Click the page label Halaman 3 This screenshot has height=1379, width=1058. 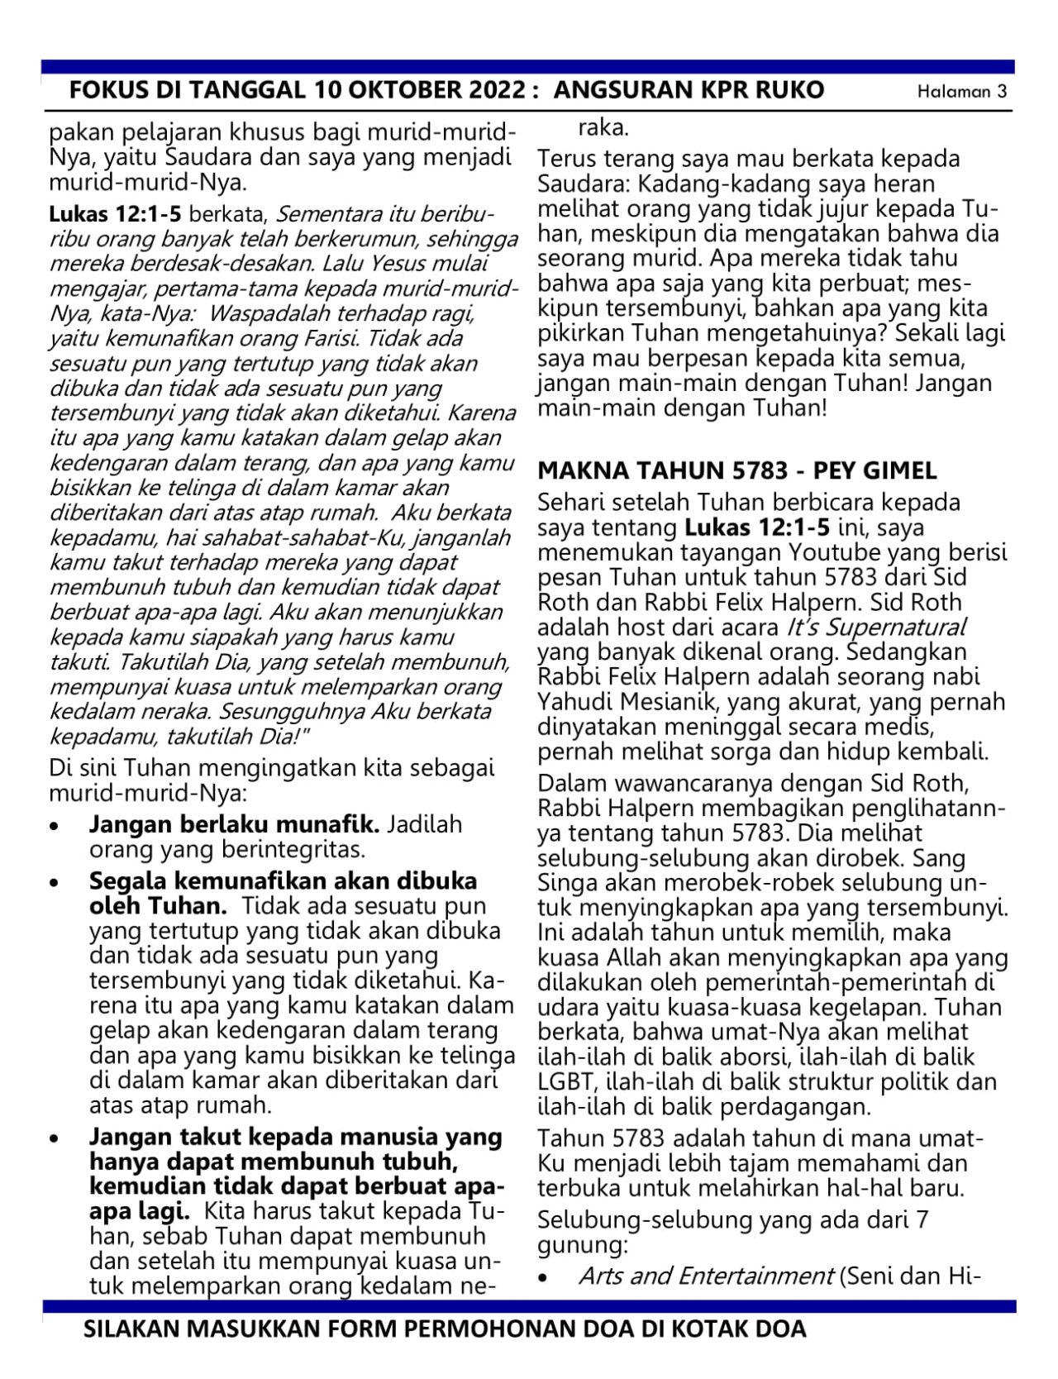pos(963,92)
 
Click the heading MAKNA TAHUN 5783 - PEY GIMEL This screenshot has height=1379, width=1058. pos(736,470)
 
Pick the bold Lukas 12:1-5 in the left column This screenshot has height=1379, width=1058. pos(115,215)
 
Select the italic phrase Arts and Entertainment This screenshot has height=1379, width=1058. pos(705,1276)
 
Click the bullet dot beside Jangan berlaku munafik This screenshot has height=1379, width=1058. pos(55,826)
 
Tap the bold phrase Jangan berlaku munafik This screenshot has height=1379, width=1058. pos(234,824)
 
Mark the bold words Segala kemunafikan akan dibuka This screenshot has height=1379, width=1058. pos(283,881)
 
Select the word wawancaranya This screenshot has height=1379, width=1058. pos(674,782)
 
